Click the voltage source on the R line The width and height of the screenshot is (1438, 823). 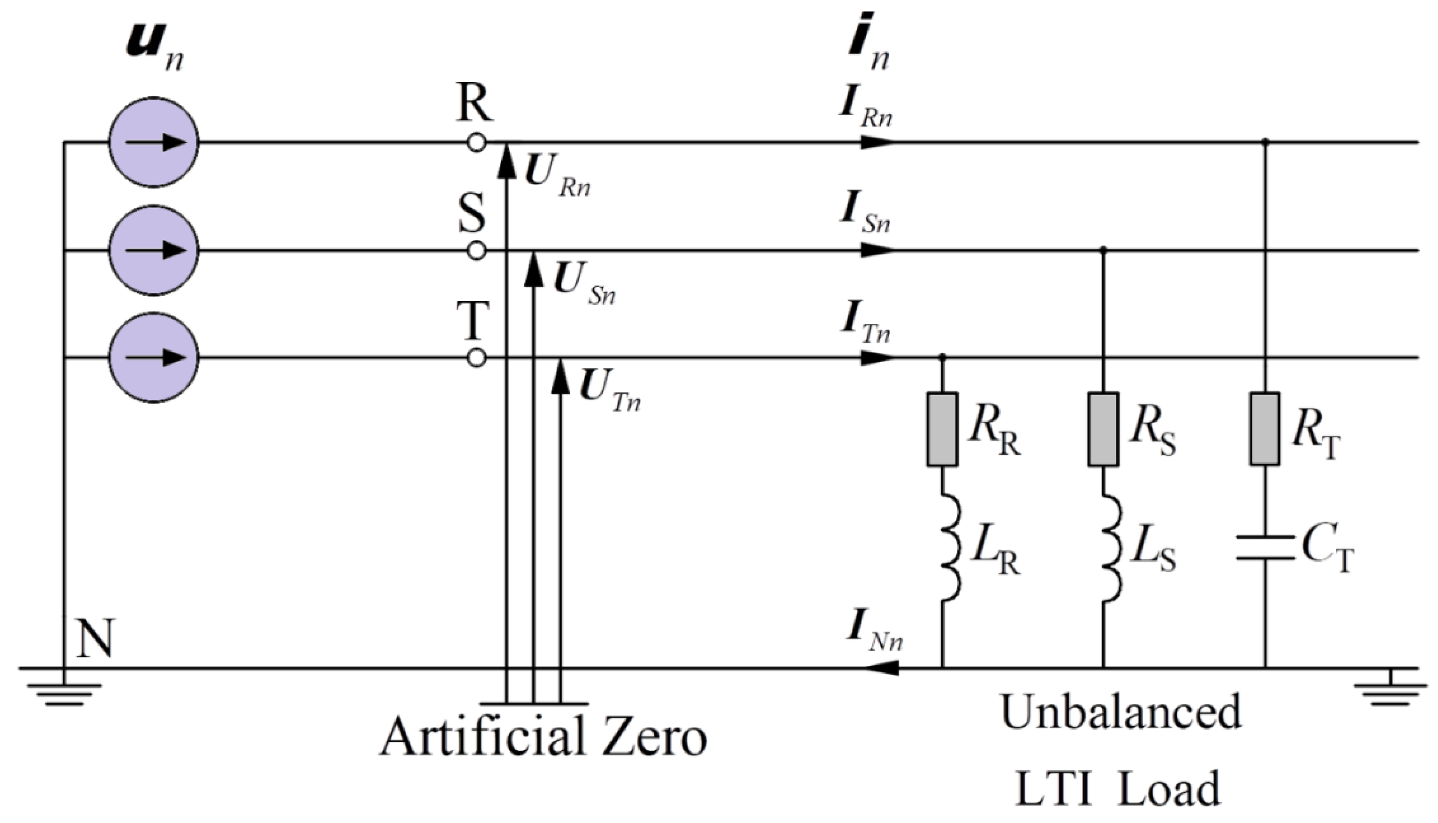(153, 142)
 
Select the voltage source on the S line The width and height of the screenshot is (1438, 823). (153, 250)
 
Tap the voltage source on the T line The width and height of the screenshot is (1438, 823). (153, 357)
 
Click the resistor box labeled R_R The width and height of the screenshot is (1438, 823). (942, 429)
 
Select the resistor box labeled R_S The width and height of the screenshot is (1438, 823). (1104, 429)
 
